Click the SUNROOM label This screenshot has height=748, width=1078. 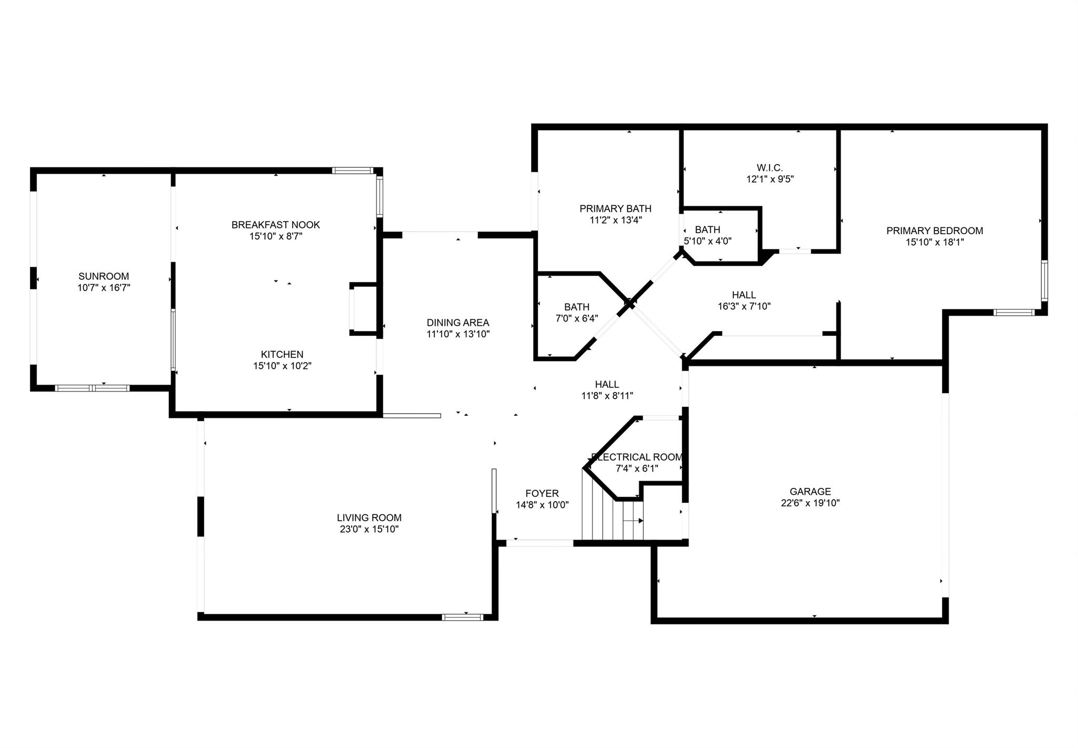pos(104,276)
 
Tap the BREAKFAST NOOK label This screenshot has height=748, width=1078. pos(276,225)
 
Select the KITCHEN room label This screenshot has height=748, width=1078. pos(282,354)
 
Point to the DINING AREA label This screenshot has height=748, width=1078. pos(458,323)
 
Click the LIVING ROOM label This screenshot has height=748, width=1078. pos(370,518)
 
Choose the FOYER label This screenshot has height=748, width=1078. pos(542,494)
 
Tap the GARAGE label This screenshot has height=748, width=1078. pos(810,492)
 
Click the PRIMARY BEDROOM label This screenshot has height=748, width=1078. pos(935,231)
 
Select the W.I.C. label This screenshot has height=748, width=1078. pos(770,168)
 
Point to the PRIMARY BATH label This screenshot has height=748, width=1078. pos(616,209)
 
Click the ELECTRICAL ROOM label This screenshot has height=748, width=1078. pos(637,457)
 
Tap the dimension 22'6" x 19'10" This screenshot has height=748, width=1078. pos(810,503)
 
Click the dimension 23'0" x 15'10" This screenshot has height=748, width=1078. pos(370,530)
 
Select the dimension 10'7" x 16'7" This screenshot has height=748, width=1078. pos(104,288)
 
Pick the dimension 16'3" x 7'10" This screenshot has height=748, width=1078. pos(744,306)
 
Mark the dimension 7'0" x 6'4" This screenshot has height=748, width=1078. pos(577,318)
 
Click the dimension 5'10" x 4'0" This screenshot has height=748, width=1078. pos(707,241)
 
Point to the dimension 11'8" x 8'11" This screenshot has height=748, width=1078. pos(607,396)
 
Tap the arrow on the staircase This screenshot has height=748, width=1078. pos(633,521)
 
